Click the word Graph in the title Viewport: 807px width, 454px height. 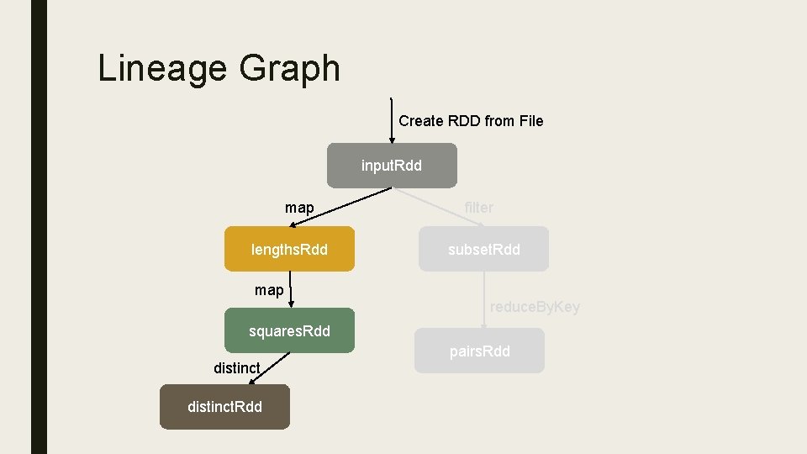click(289, 69)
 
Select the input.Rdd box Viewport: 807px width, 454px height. click(392, 166)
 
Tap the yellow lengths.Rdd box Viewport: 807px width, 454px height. click(289, 250)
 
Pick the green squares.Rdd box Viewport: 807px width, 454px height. click(289, 331)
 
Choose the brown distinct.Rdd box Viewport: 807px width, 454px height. click(224, 407)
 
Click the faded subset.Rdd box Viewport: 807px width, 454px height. click(483, 250)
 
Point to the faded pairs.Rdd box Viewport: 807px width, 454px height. click(479, 351)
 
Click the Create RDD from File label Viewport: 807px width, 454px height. click(471, 121)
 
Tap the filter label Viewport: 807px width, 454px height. click(479, 207)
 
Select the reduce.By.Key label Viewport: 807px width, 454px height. click(535, 307)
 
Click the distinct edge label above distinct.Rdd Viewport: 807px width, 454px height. click(236, 367)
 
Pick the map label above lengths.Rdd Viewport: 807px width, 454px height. click(299, 207)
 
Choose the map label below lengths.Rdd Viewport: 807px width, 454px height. click(269, 290)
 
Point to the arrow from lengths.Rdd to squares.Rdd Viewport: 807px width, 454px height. click(289, 290)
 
